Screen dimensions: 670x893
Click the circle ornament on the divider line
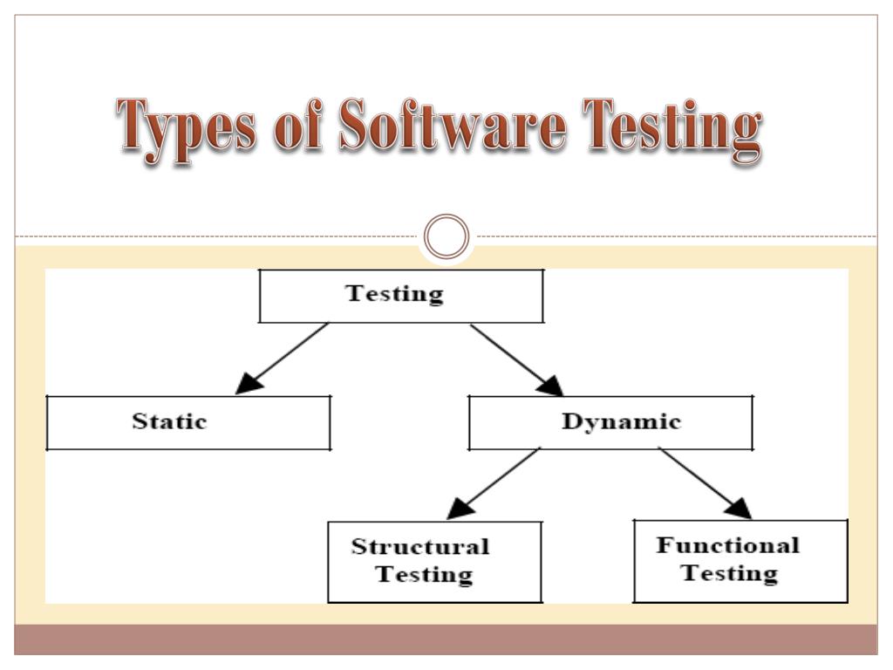[446, 236]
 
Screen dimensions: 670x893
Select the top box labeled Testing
[402, 296]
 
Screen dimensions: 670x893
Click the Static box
[188, 423]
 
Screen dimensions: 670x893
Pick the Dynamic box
[610, 423]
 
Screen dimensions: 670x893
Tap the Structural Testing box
[434, 561]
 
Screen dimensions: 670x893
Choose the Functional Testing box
[740, 561]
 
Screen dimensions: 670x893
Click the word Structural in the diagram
[420, 548]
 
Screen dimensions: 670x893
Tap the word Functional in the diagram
[727, 546]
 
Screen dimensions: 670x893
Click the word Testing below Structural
[425, 576]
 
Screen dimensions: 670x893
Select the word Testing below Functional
[729, 574]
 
